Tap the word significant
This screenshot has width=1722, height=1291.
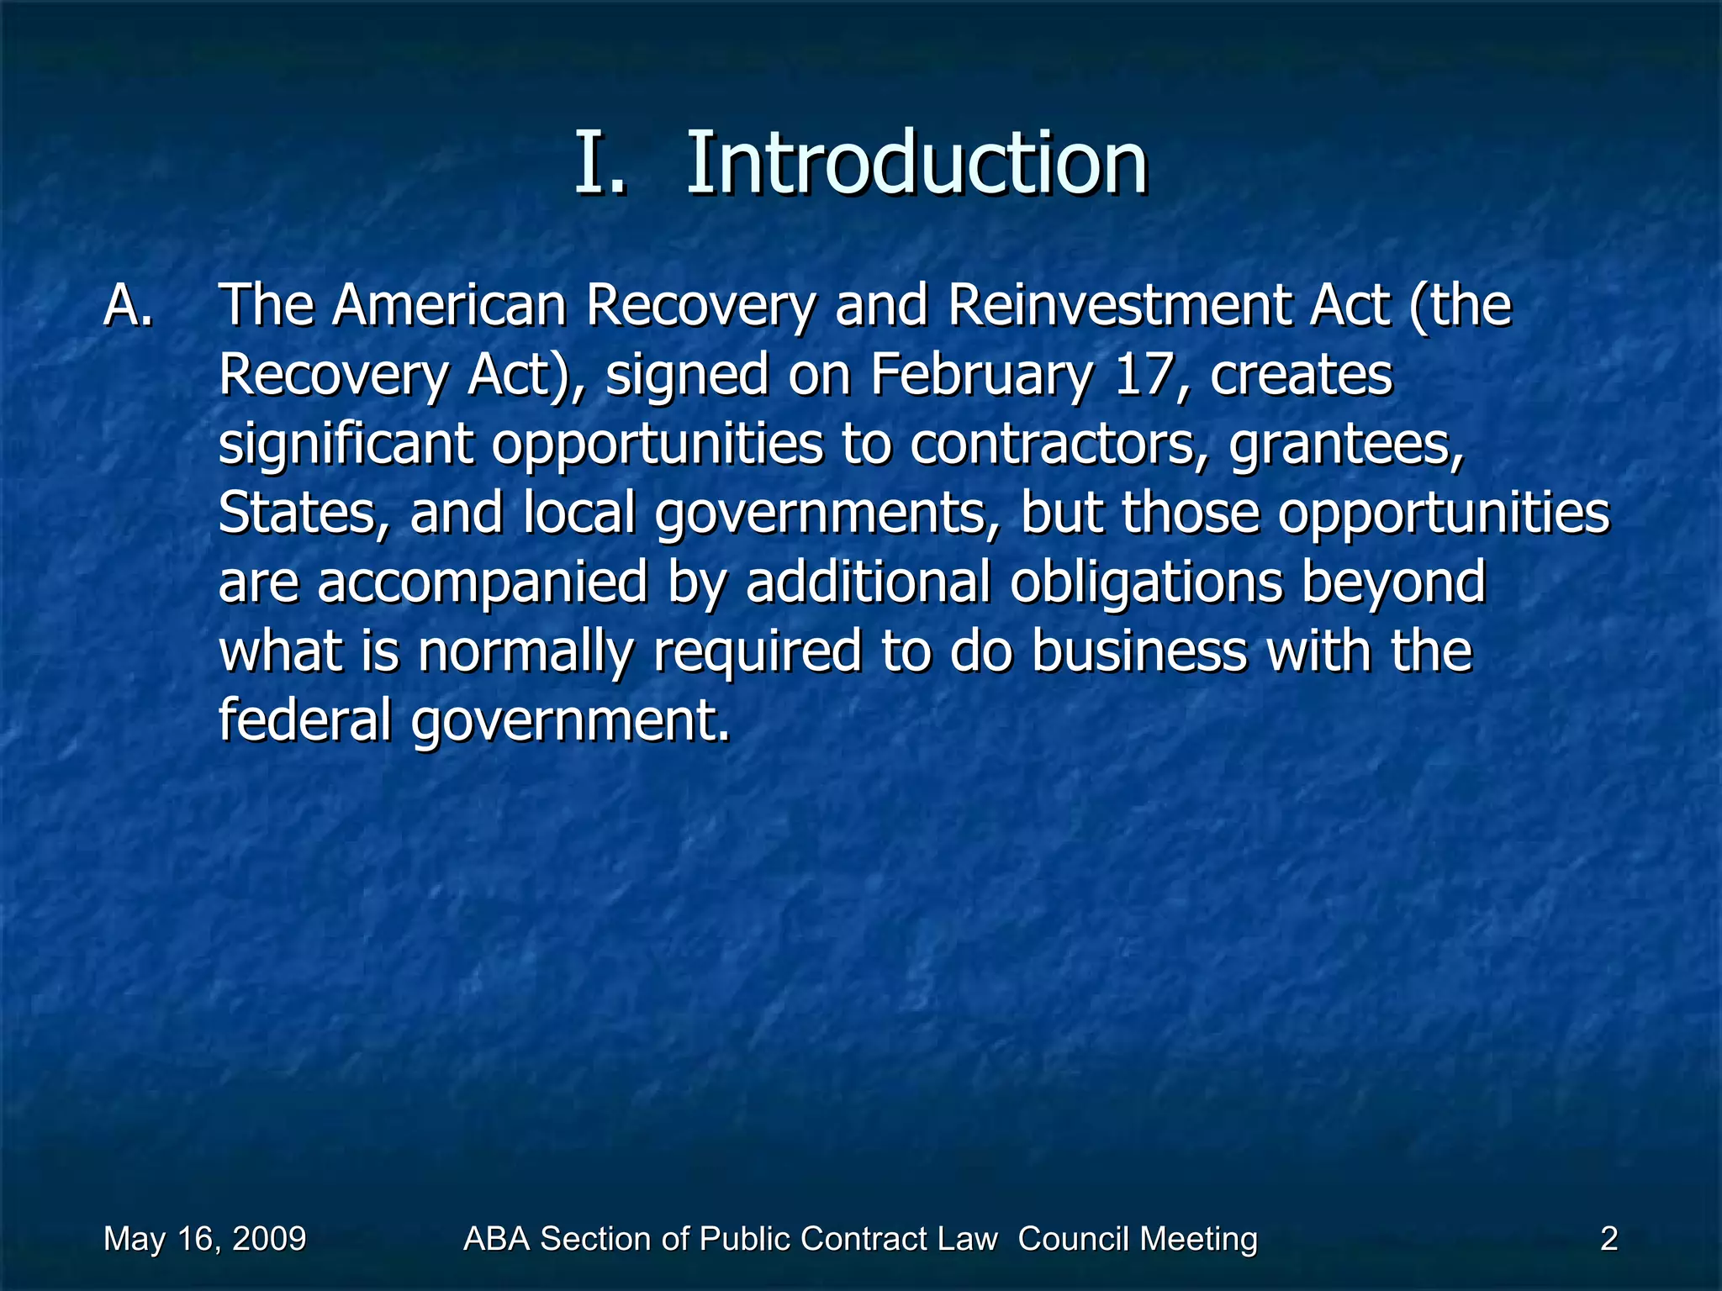point(346,445)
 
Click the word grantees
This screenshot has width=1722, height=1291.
point(1345,445)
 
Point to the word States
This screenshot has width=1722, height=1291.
point(304,514)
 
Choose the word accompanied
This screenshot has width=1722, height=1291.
point(483,582)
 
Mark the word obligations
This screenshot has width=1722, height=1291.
point(1146,582)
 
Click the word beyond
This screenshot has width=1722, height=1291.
point(1394,584)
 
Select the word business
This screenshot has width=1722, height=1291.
point(1138,651)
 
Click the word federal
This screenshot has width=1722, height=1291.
point(305,720)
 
